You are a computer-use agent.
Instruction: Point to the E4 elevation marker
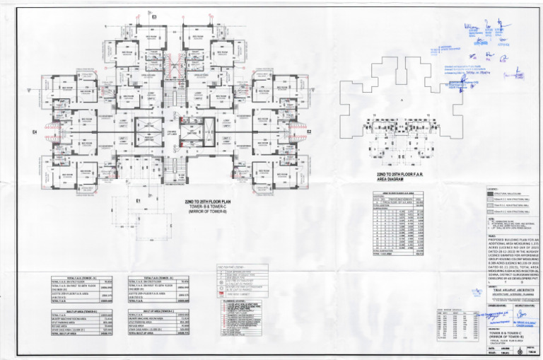[x=35, y=132]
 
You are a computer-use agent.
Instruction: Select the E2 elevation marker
[x=309, y=132]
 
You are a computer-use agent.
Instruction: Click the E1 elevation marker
[x=139, y=201]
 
